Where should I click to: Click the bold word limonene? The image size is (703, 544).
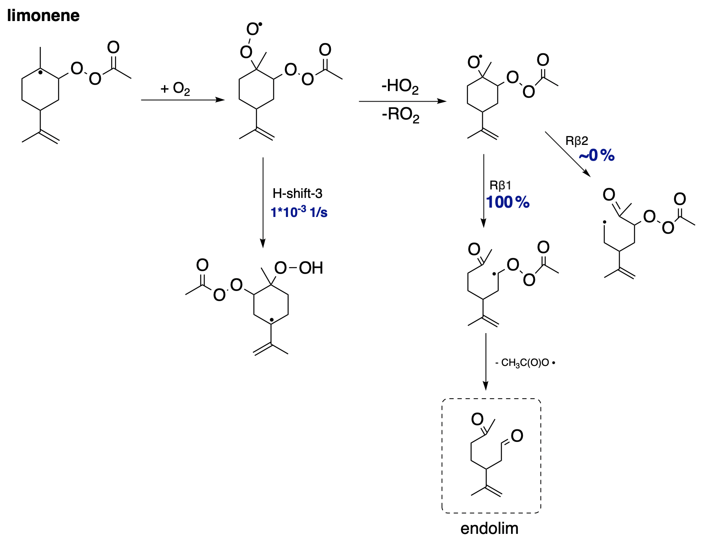click(43, 16)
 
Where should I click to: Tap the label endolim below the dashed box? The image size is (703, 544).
click(489, 528)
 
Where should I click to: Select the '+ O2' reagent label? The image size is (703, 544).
click(175, 89)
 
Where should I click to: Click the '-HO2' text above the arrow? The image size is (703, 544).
click(400, 86)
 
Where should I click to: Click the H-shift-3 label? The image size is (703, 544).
click(297, 193)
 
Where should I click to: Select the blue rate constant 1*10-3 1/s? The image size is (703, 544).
click(299, 212)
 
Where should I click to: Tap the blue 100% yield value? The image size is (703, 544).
click(508, 202)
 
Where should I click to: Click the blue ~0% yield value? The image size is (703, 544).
click(596, 155)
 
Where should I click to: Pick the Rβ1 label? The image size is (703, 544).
click(500, 185)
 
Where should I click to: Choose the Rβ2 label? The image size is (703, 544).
click(576, 141)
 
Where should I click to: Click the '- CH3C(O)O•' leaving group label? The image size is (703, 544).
click(525, 363)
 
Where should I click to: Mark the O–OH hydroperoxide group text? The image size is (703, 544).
click(298, 268)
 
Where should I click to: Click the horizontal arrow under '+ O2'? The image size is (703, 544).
click(182, 100)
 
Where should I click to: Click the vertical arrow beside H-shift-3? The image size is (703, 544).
click(263, 202)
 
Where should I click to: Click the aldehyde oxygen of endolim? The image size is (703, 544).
click(517, 436)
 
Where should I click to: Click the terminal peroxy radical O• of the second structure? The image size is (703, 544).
click(253, 29)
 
